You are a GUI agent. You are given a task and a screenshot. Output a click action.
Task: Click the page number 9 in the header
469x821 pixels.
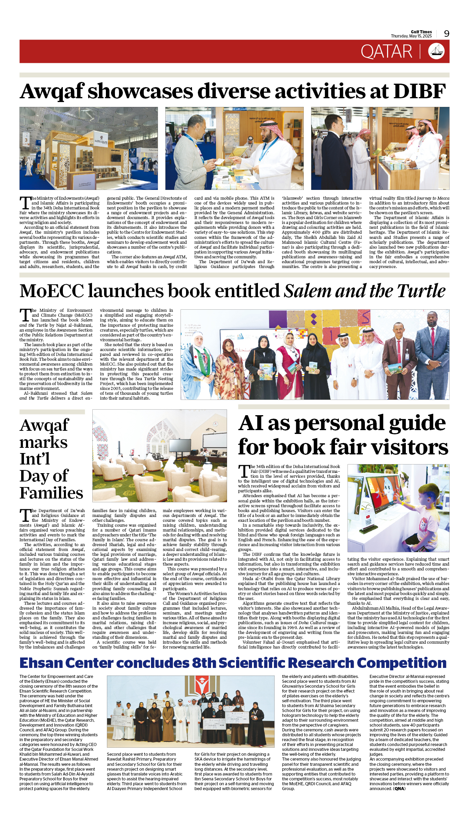tap(446, 34)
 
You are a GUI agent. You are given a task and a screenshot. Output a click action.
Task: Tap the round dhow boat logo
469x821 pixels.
tap(436, 51)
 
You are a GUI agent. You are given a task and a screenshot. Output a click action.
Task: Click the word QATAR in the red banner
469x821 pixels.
tap(386, 52)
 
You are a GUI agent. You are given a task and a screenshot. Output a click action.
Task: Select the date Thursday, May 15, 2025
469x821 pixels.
tap(411, 36)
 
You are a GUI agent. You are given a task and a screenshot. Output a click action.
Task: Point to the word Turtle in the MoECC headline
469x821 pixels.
tap(421, 291)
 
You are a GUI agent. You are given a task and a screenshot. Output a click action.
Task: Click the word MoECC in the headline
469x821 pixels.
tap(52, 291)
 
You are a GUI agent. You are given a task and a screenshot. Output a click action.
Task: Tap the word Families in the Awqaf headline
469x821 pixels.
tap(51, 493)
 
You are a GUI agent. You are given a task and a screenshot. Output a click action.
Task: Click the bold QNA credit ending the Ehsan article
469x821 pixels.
tap(399, 788)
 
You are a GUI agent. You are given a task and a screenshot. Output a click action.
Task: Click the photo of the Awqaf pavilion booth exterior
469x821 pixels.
tap(89, 148)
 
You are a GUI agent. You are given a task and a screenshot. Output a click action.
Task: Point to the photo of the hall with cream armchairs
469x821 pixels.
tap(159, 455)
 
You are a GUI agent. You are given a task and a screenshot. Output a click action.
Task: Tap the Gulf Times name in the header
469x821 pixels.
tap(421, 32)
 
